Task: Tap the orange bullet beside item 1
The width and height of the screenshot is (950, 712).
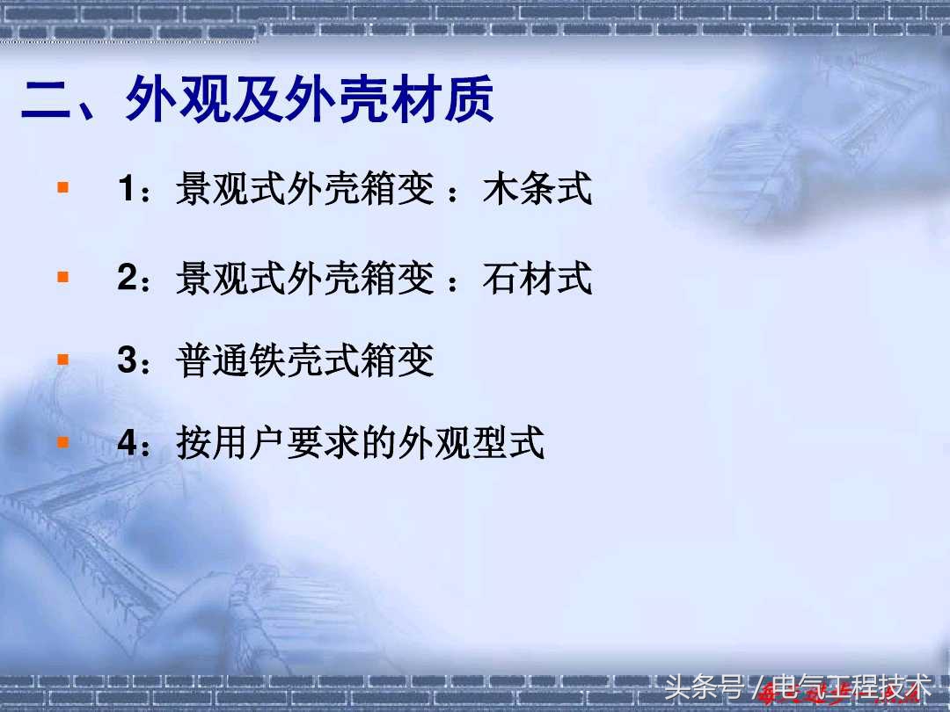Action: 62,187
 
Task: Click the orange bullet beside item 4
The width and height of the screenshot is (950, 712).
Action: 62,441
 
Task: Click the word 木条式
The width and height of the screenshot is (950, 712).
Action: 537,190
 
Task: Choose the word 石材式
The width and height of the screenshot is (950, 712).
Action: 537,279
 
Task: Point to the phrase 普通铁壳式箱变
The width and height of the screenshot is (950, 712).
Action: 305,361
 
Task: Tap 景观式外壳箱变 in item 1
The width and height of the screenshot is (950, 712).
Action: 305,190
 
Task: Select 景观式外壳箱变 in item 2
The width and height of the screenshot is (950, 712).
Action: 305,279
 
